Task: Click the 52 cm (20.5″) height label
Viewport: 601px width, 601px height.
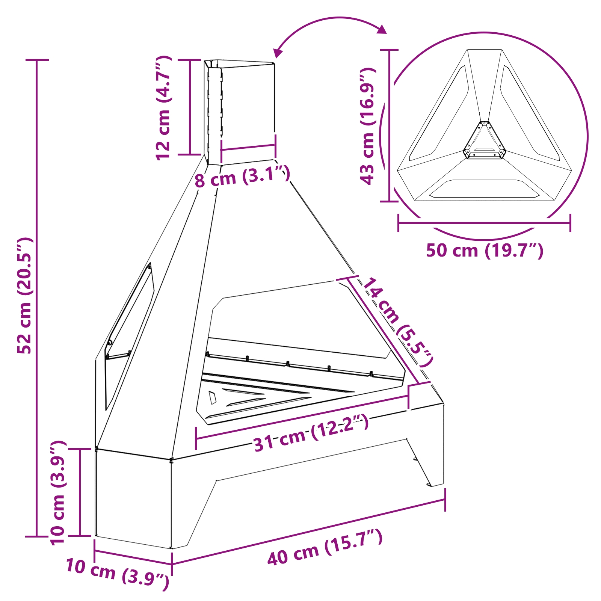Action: tap(25, 296)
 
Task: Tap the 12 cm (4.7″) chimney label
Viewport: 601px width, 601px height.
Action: tap(164, 108)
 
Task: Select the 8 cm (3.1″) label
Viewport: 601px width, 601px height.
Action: tap(242, 176)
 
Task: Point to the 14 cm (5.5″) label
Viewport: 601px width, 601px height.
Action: tap(398, 322)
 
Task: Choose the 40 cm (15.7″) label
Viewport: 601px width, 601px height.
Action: tap(325, 547)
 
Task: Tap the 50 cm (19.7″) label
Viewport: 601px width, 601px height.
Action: tap(485, 251)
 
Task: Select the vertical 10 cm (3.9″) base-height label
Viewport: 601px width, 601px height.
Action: tap(58, 493)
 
